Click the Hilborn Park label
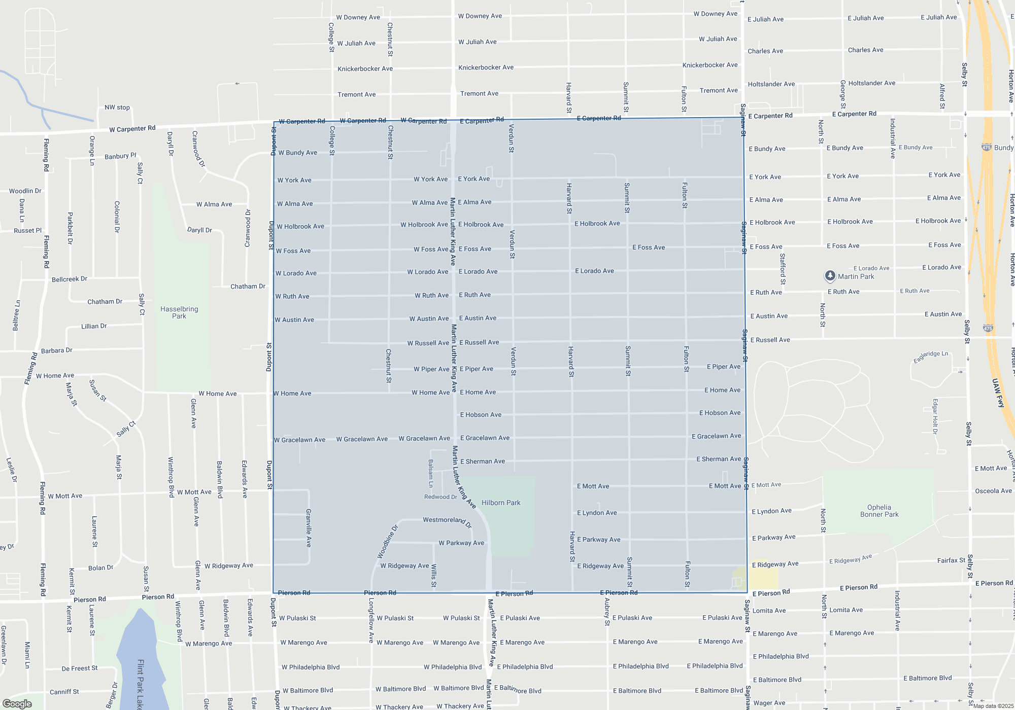500,503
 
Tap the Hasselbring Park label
179,312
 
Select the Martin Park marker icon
830,275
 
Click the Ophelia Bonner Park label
879,511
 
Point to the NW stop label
117,108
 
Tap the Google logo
17,703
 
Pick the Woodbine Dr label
388,542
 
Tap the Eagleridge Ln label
930,356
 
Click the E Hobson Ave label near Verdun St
481,415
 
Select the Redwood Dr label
441,497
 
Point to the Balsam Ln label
431,473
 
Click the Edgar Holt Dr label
935,416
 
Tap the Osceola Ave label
993,491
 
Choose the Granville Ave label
309,528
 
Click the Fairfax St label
951,560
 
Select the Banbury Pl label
120,156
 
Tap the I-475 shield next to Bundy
986,148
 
